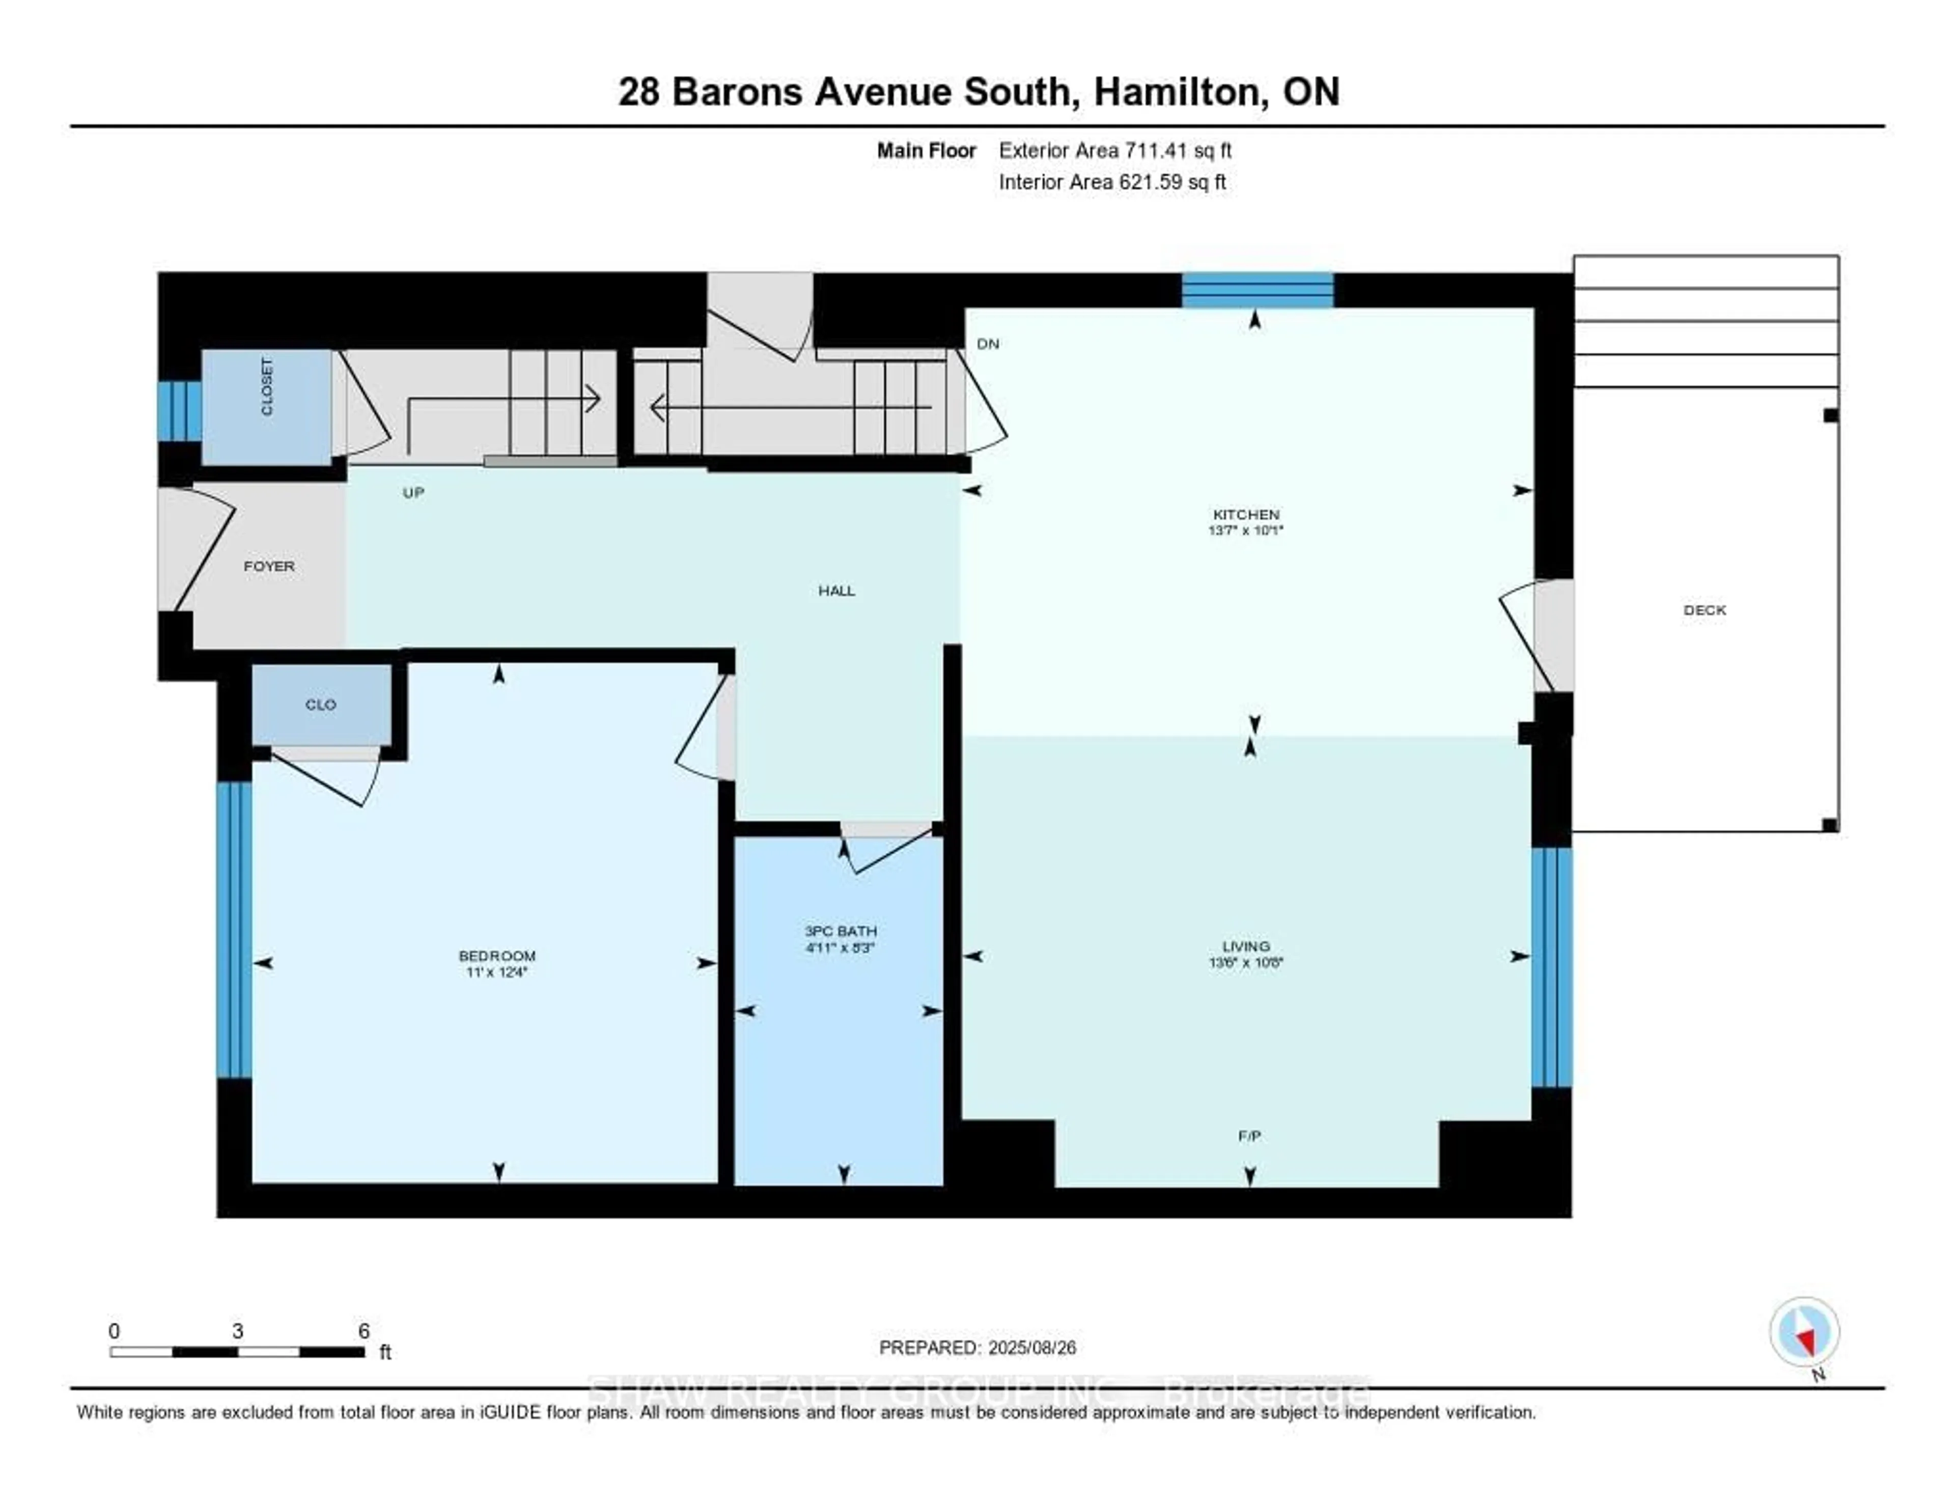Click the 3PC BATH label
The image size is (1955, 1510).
(840, 931)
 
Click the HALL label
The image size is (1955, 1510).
(836, 591)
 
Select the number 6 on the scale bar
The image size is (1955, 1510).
(364, 1331)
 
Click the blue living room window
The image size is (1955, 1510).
(1551, 967)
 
